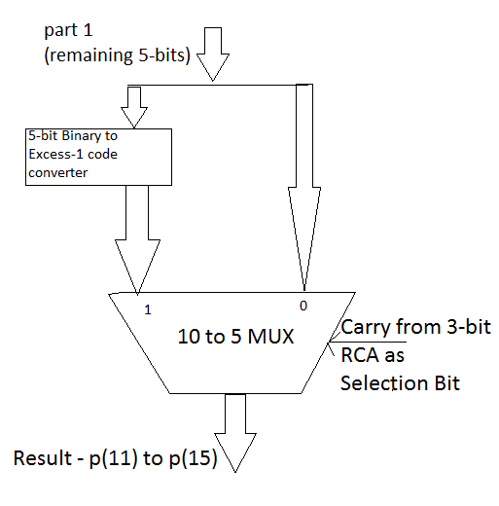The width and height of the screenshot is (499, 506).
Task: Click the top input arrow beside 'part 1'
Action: click(x=212, y=54)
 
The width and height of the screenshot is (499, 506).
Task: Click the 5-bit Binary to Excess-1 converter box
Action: click(x=99, y=156)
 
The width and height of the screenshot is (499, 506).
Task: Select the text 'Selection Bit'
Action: click(x=400, y=382)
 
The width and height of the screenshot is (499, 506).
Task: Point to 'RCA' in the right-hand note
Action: click(x=361, y=355)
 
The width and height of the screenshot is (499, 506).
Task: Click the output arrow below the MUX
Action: click(x=236, y=429)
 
